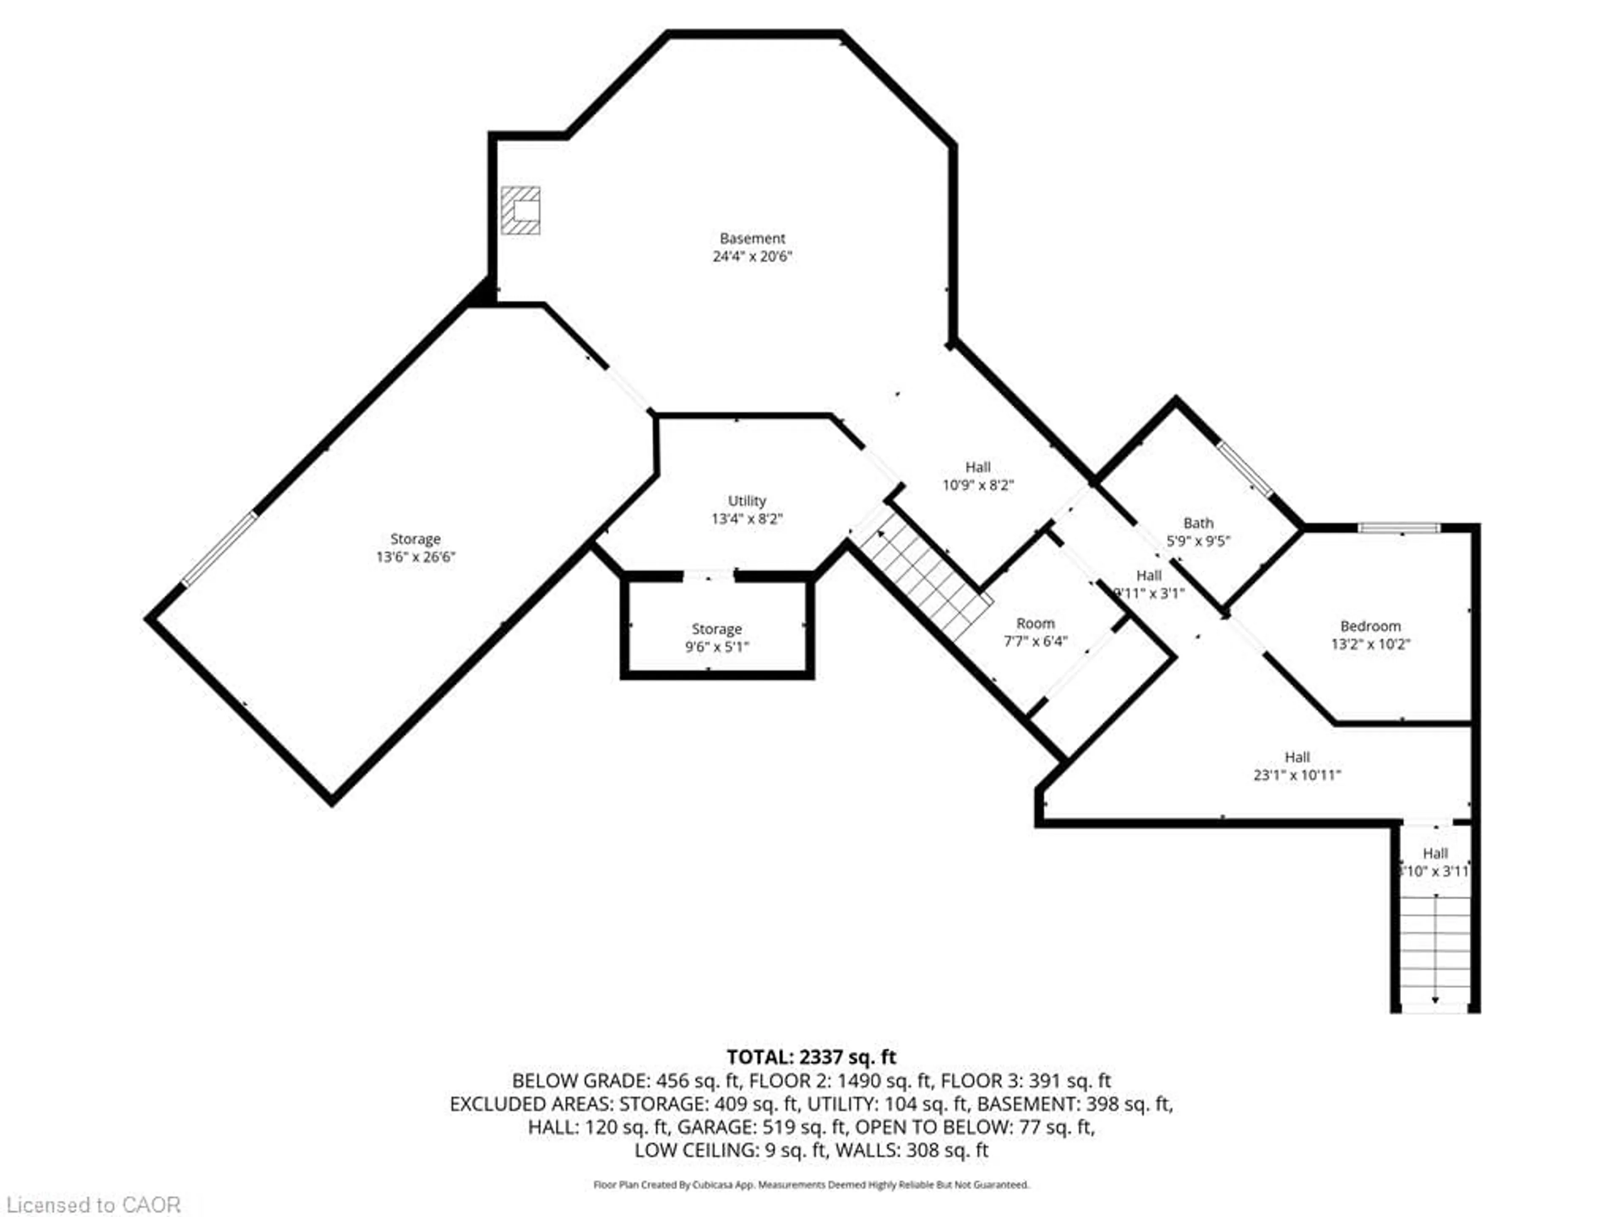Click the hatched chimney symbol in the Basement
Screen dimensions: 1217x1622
tap(521, 210)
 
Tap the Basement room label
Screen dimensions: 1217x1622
tap(752, 238)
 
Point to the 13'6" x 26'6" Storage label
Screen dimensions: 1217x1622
tap(415, 548)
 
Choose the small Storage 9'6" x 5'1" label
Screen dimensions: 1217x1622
tap(716, 638)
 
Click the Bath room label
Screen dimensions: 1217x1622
tap(1198, 523)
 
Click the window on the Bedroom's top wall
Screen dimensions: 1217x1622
tap(1399, 527)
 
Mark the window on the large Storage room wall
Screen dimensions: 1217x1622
tap(219, 549)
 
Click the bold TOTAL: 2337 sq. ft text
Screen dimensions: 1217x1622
tap(811, 1057)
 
